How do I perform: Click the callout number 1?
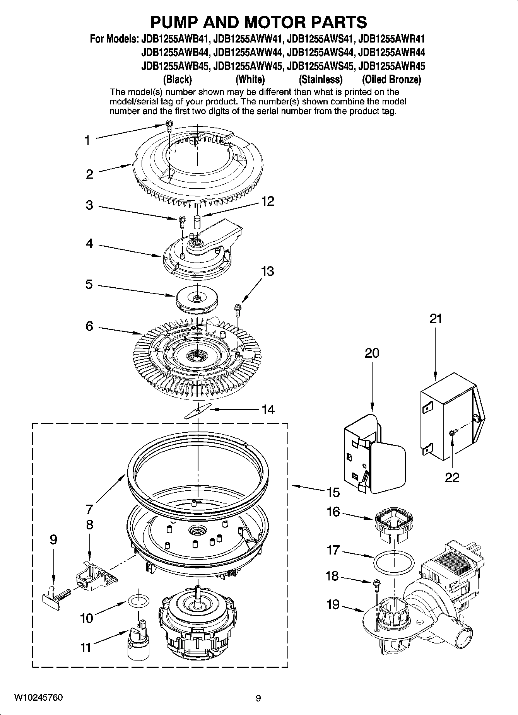coord(88,140)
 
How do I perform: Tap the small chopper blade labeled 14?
coord(198,411)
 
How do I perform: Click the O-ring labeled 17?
coord(393,561)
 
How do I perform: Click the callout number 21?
coord(436,319)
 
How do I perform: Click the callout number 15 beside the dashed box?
coord(333,492)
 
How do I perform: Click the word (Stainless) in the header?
coord(321,80)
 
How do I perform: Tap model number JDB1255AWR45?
coord(391,66)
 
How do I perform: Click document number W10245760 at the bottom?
coord(38,697)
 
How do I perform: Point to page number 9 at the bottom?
coord(258,698)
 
